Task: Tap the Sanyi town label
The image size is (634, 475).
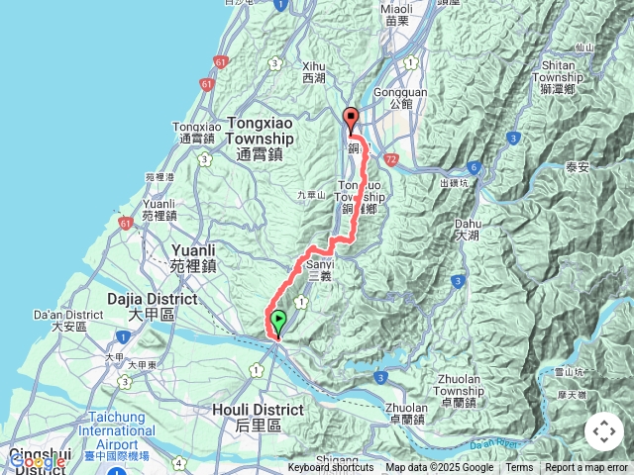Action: click(x=319, y=270)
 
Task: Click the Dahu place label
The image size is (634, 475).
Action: click(x=467, y=230)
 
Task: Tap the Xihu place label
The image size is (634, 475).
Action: click(x=313, y=70)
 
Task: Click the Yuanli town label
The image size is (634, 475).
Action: click(x=193, y=258)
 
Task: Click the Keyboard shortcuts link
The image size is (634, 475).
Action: click(x=331, y=468)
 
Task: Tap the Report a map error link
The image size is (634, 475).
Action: click(x=586, y=468)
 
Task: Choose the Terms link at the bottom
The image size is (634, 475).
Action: click(x=519, y=468)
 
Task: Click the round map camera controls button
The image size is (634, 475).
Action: click(x=604, y=431)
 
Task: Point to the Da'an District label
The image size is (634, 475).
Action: click(x=61, y=320)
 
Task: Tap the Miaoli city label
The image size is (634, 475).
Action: click(x=396, y=14)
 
